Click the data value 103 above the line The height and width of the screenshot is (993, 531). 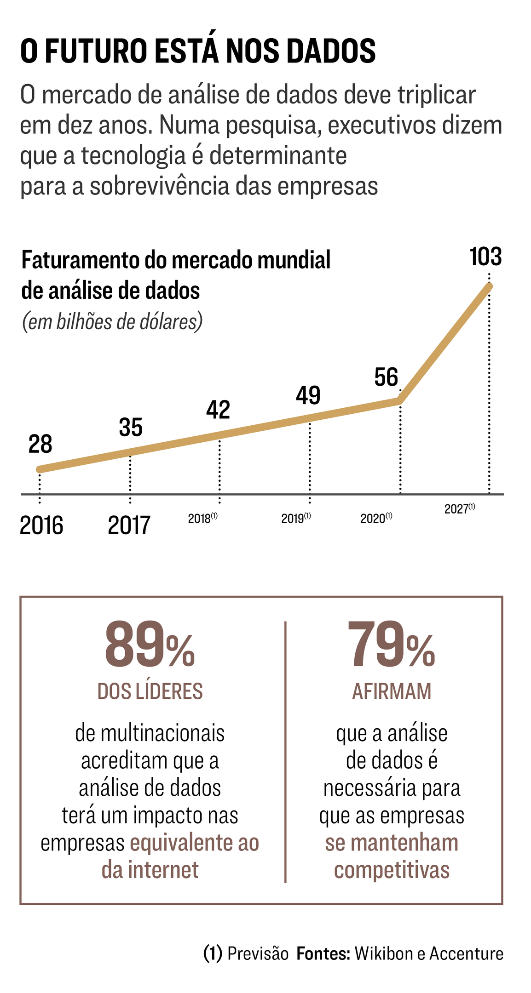click(485, 257)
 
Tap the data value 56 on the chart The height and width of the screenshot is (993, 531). click(386, 377)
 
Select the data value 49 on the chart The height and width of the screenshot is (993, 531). click(308, 395)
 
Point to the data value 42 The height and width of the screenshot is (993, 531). click(218, 410)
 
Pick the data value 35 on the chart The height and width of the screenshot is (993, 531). click(131, 428)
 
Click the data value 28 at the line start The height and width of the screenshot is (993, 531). click(40, 445)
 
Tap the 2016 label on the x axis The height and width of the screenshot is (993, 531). click(41, 525)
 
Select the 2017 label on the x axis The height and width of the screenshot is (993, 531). click(129, 525)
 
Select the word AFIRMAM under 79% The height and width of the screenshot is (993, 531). click(392, 691)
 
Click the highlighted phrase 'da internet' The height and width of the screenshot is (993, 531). click(150, 870)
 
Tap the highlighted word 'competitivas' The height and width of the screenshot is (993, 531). click(392, 870)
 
